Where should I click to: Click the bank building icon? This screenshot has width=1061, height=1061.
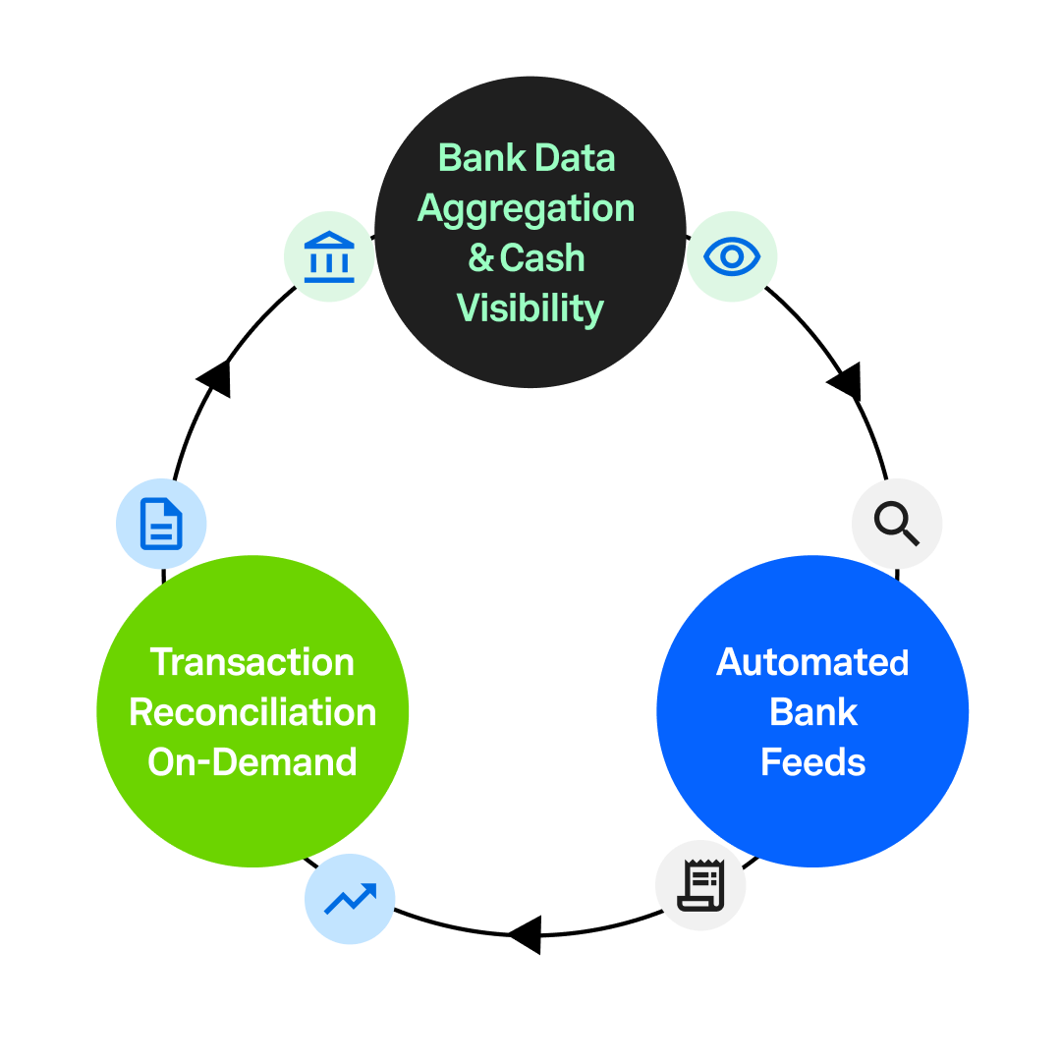(328, 257)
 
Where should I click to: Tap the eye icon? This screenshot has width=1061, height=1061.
(732, 257)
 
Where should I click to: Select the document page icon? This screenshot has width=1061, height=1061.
(161, 524)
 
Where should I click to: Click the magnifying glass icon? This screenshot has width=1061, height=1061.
(896, 524)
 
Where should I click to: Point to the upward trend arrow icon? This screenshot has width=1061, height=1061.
(350, 899)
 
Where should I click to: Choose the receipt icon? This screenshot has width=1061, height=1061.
(700, 885)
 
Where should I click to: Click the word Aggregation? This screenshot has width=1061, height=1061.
(526, 208)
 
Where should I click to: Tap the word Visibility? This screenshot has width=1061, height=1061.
(530, 308)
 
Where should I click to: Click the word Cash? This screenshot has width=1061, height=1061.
(542, 258)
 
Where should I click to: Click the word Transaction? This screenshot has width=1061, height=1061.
(252, 662)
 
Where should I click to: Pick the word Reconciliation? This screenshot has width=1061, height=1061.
(252, 712)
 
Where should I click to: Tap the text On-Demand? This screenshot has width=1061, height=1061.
(252, 762)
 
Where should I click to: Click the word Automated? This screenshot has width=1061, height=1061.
(812, 662)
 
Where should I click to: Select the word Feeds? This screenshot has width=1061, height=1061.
(812, 762)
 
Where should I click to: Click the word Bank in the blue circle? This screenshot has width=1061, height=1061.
(812, 712)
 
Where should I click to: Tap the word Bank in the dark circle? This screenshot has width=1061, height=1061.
(480, 158)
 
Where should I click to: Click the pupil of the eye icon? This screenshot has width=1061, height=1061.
(732, 257)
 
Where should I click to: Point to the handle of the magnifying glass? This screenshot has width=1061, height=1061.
(910, 537)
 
